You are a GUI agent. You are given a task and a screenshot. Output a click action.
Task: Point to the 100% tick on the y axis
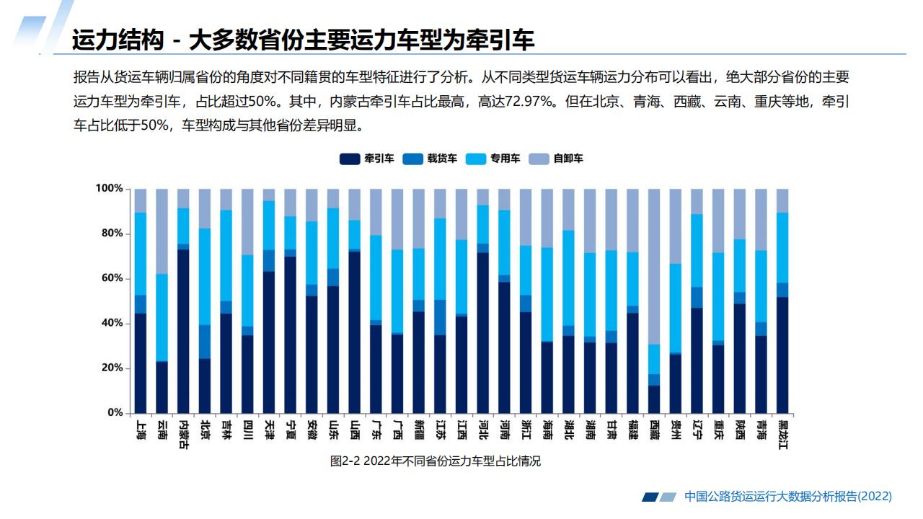[110, 189]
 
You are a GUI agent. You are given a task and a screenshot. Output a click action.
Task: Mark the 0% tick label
[115, 413]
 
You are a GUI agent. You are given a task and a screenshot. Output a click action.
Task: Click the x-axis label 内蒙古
[183, 434]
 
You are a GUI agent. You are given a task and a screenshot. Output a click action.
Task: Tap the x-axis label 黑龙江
[782, 434]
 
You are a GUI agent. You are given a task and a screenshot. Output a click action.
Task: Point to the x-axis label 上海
[141, 430]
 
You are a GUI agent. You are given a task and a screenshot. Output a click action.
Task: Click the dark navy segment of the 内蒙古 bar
[183, 332]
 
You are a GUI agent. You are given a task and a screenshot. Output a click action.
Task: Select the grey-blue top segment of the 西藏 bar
[654, 267]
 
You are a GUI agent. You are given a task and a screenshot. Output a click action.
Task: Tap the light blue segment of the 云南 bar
[162, 317]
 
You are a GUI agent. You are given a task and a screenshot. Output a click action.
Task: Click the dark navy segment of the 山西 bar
[355, 332]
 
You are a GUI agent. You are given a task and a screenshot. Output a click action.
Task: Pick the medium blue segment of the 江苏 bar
[440, 317]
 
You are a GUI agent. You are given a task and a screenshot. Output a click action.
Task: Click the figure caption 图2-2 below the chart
[435, 461]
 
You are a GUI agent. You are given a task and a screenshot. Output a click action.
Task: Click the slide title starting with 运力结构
[303, 40]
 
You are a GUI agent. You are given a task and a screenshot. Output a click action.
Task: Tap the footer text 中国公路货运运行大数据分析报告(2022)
[787, 497]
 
